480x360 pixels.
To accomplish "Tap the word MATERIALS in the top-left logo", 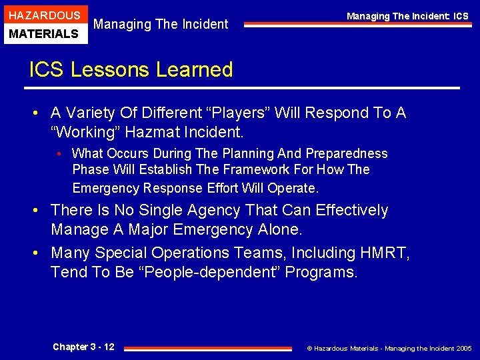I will pyautogui.click(x=43, y=33).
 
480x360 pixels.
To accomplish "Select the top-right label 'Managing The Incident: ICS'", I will pyautogui.click(x=407, y=16).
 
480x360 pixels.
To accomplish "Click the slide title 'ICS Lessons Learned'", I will pyautogui.click(x=131, y=69).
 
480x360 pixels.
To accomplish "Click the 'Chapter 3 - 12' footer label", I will pyautogui.click(x=83, y=347).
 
